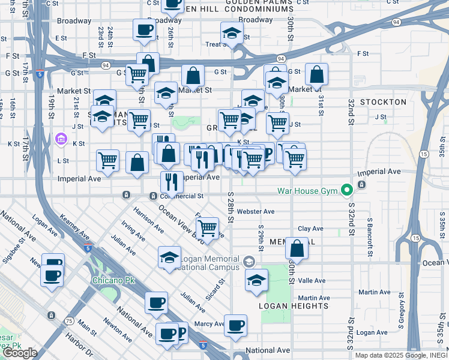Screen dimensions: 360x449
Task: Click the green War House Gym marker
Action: (x=346, y=191)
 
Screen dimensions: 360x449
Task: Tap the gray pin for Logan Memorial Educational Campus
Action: (x=249, y=262)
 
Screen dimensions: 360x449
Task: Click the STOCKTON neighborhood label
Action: (x=383, y=102)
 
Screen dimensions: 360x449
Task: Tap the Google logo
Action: (x=20, y=353)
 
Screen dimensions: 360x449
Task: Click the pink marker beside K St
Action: (x=60, y=140)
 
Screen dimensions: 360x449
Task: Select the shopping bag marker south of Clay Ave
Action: (x=297, y=247)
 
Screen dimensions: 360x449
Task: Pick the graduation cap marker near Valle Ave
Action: (x=257, y=281)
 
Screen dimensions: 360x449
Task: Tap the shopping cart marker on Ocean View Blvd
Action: (x=207, y=229)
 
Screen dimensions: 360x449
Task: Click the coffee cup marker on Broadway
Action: (x=144, y=30)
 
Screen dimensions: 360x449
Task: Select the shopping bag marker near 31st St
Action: (x=316, y=75)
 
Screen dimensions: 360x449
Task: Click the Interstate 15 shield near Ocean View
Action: (x=415, y=239)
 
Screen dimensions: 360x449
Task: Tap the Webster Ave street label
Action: (x=255, y=211)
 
